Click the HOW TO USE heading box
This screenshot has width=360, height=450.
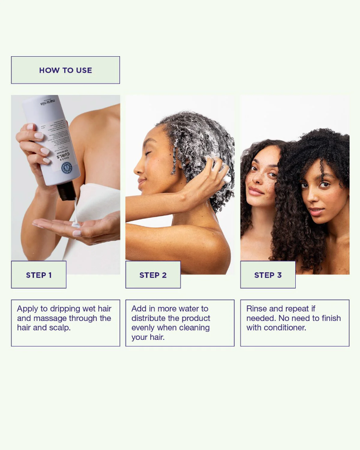coord(65,70)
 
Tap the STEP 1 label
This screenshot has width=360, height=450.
coord(39,275)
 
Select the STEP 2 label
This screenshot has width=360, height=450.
coord(153,275)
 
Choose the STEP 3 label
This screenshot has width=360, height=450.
coord(268,275)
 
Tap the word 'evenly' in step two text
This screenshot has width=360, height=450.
coord(144,328)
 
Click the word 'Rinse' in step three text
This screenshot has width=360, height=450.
coord(257,309)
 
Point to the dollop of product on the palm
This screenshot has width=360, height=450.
coord(76,225)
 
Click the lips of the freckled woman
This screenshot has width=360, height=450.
coord(256,191)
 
